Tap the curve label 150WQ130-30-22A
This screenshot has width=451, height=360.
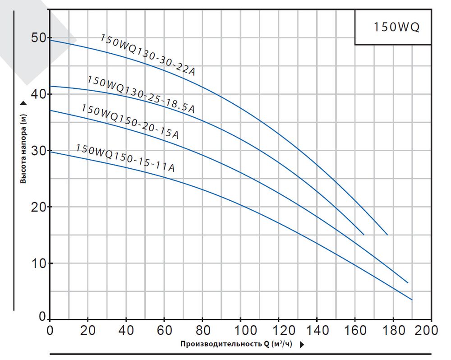pyautogui.click(x=147, y=55)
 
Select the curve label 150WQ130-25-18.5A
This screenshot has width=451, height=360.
pyautogui.click(x=141, y=94)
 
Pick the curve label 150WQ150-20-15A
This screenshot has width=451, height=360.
pyautogui.click(x=130, y=121)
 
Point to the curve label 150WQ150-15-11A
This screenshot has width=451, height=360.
pyautogui.click(x=125, y=157)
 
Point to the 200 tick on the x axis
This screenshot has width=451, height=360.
pyautogui.click(x=427, y=330)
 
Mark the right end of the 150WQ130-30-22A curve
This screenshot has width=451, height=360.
pyautogui.click(x=387, y=235)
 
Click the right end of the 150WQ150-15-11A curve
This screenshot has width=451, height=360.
pyautogui.click(x=412, y=300)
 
